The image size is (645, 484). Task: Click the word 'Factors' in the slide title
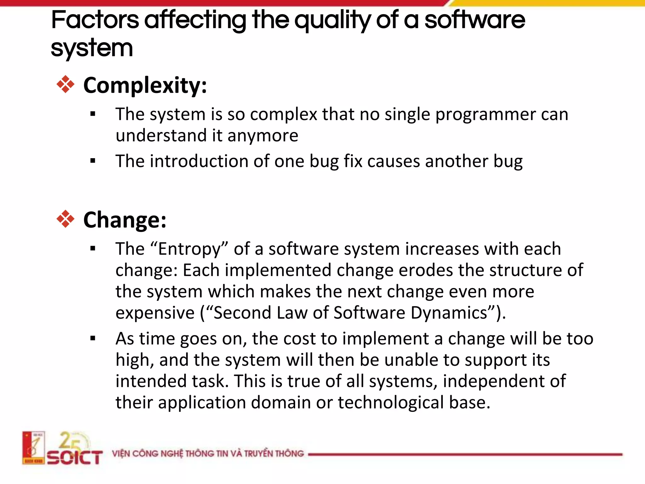(95, 20)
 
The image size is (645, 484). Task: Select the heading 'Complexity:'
(145, 85)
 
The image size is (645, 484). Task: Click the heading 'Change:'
(125, 220)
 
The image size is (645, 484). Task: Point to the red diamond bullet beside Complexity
(66, 84)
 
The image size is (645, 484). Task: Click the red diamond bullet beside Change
(66, 219)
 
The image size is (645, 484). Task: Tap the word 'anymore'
(263, 136)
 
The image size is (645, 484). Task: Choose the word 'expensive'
(155, 313)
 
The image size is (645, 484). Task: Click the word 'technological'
(391, 403)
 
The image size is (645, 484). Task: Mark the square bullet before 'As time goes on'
(93, 339)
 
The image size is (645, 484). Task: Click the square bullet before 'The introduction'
(93, 161)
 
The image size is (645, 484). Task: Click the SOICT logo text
(75, 458)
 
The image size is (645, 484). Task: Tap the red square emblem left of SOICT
(33, 447)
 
